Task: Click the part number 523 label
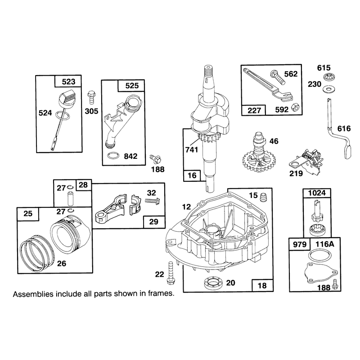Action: click(x=68, y=81)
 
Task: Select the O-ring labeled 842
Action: click(x=113, y=155)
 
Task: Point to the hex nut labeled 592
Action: click(x=295, y=107)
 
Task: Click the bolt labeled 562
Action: click(x=278, y=77)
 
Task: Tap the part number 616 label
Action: click(x=344, y=128)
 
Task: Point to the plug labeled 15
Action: click(x=263, y=198)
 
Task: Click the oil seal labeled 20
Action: click(x=213, y=283)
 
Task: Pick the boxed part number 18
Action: click(x=262, y=285)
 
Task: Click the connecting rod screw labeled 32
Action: click(x=153, y=201)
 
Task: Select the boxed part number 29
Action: click(x=153, y=221)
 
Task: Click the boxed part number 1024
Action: click(x=317, y=193)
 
